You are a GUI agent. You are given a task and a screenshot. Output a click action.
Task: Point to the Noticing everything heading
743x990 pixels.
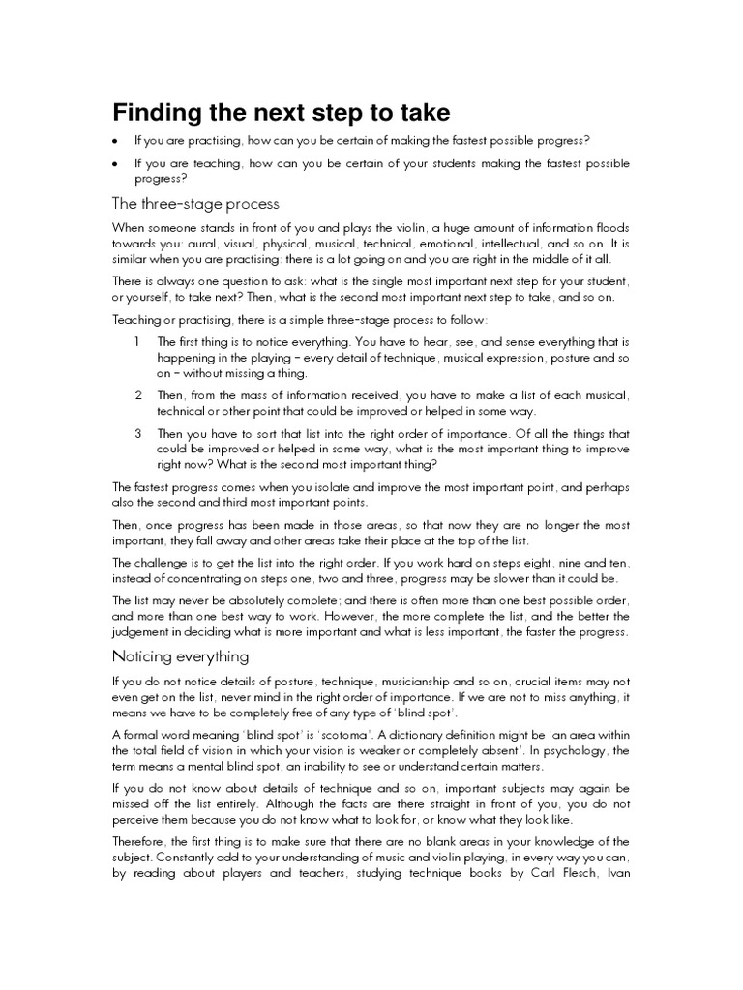tap(181, 656)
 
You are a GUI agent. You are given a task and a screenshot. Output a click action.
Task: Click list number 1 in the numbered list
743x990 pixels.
tap(137, 342)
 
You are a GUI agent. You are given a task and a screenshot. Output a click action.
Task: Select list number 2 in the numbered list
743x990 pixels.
tap(138, 395)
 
